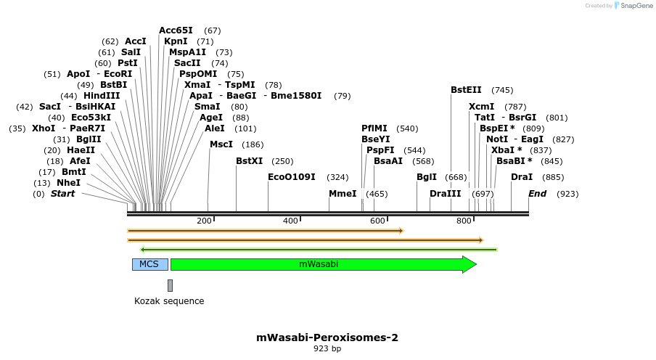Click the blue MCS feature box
click(149, 264)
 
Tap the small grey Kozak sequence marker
click(170, 285)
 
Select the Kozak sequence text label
click(169, 301)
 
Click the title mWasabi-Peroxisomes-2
click(327, 337)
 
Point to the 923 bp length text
click(327, 349)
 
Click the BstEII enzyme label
click(466, 90)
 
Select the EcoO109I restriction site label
click(292, 176)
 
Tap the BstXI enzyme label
click(250, 160)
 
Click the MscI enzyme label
click(221, 144)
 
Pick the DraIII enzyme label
click(445, 194)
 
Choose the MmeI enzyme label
click(343, 194)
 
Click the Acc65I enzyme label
click(176, 30)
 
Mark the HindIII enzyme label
click(102, 96)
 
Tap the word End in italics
click(537, 194)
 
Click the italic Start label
click(62, 194)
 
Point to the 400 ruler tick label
click(290, 221)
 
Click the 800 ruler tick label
click(464, 221)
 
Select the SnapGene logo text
click(634, 6)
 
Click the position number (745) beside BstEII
click(502, 90)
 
